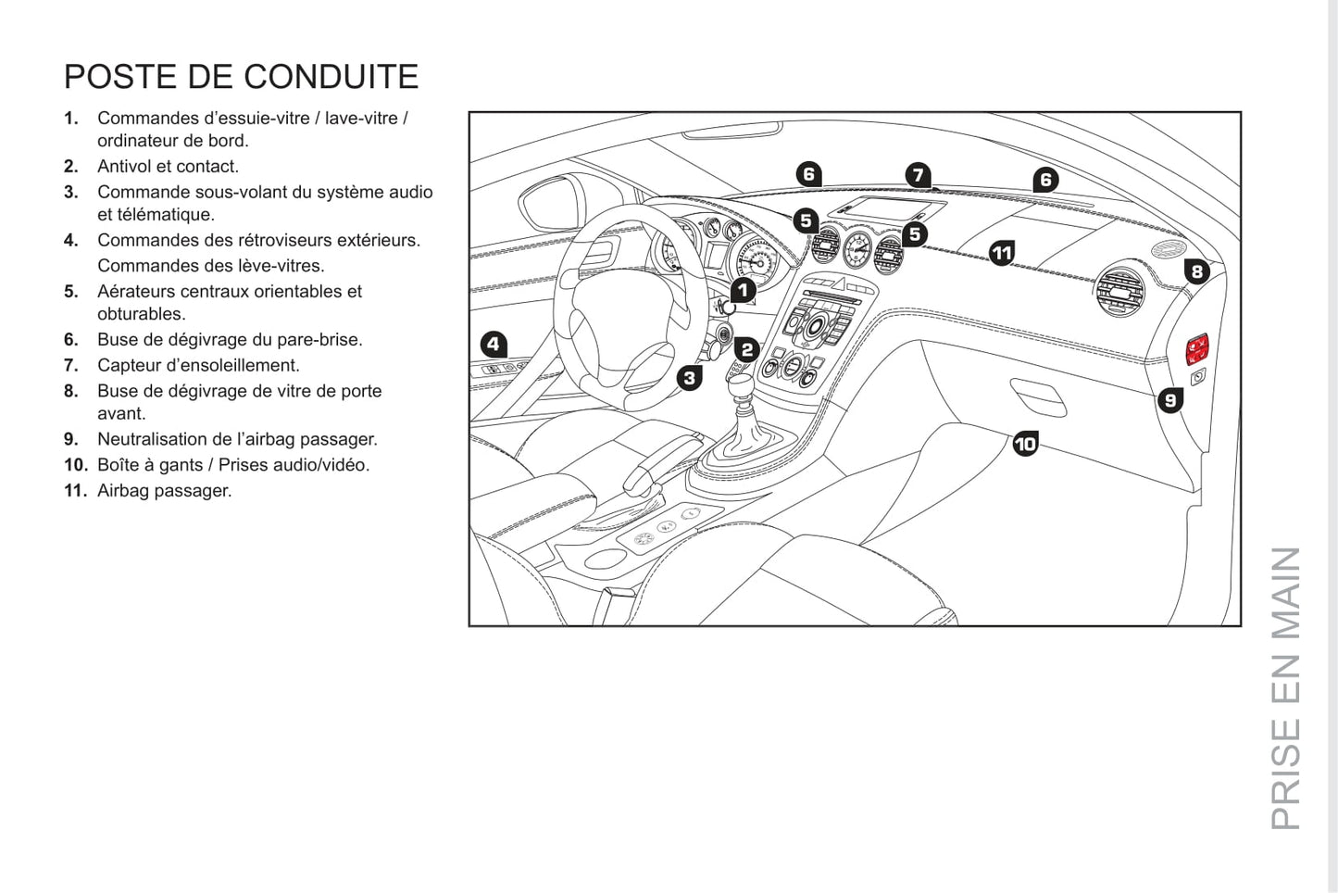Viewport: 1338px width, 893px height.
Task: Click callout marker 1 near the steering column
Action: [x=743, y=290]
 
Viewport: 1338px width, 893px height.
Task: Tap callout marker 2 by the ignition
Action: [x=746, y=349]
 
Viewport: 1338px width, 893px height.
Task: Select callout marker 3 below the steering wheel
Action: [x=689, y=377]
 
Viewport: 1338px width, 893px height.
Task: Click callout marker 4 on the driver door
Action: [x=494, y=345]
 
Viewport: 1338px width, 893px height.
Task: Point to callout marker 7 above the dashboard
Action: [x=917, y=175]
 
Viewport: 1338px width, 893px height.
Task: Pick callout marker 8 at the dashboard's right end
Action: [x=1196, y=271]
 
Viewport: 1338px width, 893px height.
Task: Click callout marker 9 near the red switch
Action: [x=1170, y=400]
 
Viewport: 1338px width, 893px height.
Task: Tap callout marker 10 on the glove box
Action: [x=1025, y=444]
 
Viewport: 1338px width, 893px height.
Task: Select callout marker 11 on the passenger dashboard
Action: [x=1002, y=252]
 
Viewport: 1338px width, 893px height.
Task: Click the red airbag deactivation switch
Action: [x=1199, y=348]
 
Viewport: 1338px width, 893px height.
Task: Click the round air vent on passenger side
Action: [x=1119, y=291]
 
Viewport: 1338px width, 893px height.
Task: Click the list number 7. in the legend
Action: [x=71, y=365]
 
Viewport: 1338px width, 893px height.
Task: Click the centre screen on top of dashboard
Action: [x=884, y=211]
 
